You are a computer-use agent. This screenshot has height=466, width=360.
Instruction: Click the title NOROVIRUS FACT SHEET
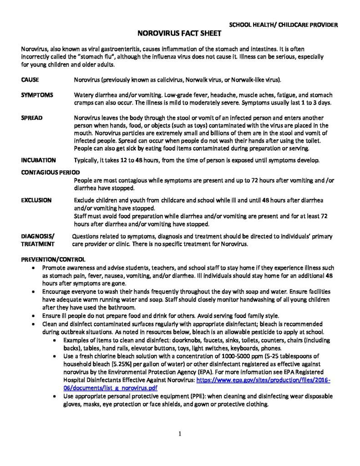coord(180,33)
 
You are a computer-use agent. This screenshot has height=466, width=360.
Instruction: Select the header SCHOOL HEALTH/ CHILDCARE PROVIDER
coord(282,25)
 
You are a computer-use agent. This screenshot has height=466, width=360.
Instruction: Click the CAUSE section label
coord(30,80)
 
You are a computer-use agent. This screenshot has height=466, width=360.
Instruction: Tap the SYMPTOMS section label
coord(37,95)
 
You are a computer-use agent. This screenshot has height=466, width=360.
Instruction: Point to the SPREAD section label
coord(32,118)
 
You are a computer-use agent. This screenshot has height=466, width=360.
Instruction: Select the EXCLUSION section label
coord(36,200)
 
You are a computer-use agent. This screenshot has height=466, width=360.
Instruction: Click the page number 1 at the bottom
coord(180,434)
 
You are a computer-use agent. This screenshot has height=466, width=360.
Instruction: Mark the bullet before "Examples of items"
coord(56,340)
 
